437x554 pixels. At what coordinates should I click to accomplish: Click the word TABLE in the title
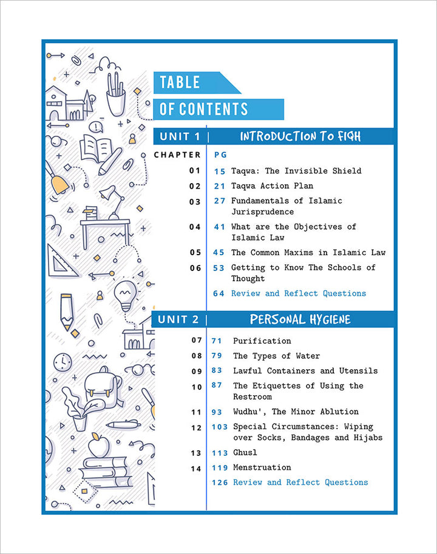coord(180,82)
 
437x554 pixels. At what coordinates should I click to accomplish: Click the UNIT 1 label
coord(180,136)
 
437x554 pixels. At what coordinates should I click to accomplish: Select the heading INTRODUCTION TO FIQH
coord(300,136)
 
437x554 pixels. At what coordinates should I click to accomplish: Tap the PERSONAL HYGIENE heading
coord(300,319)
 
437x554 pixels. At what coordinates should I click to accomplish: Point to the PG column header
coord(220,155)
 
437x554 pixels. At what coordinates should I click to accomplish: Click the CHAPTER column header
coord(177,155)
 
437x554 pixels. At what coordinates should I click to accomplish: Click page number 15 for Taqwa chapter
coord(219,172)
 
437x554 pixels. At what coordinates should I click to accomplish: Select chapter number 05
coord(195,253)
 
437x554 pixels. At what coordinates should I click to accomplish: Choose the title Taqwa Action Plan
coord(272,186)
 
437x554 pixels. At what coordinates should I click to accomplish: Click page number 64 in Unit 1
coord(218,293)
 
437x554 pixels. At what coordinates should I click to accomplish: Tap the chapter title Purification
coord(262,341)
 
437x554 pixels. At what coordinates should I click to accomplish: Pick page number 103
coord(219,427)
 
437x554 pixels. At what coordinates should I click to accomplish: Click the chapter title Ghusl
coord(245,453)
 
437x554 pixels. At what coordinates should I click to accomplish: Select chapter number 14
coord(196,469)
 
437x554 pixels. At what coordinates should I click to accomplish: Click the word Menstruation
coord(262,467)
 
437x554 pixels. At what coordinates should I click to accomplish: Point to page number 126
coord(220,482)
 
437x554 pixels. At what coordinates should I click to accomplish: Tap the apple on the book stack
coord(98,445)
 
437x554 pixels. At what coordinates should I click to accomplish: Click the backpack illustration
coord(103,387)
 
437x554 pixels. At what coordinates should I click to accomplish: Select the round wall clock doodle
coord(63,362)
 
